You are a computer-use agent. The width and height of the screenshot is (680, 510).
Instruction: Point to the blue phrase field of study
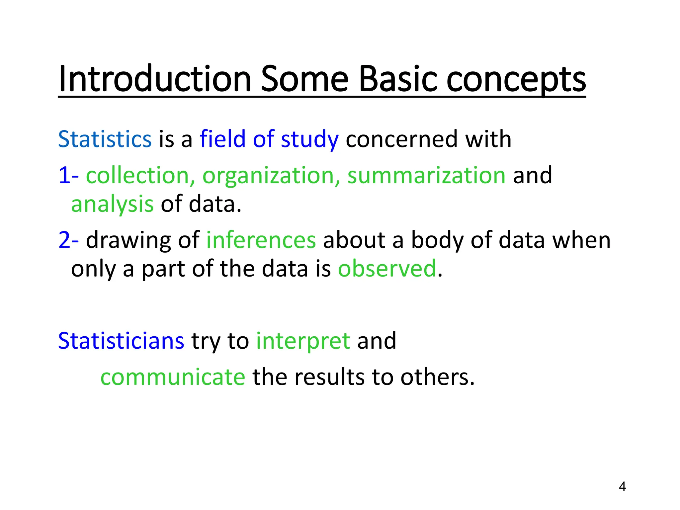269,139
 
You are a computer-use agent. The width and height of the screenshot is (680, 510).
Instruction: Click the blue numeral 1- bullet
68,175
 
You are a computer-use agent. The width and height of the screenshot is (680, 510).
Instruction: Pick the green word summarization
426,175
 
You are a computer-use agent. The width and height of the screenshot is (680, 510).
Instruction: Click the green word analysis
112,204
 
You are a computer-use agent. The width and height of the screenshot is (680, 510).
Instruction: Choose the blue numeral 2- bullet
68,240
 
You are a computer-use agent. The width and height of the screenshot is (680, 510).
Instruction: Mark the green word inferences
261,240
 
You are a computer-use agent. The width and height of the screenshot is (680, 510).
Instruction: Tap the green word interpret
303,341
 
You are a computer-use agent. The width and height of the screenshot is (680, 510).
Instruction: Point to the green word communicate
173,377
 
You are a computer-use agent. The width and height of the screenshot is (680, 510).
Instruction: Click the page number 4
622,486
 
